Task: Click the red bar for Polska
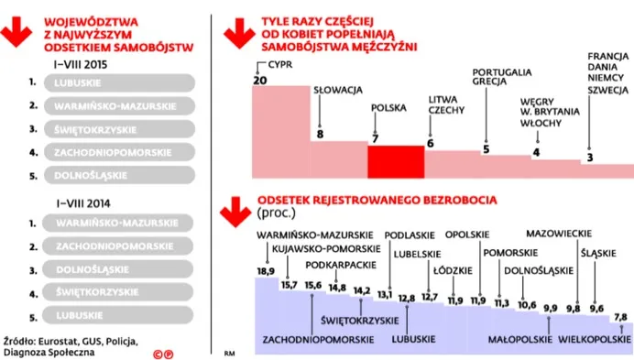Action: click(396, 161)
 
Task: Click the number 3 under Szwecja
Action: click(588, 158)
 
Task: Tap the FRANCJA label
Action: click(607, 57)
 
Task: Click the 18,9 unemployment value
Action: click(266, 271)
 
